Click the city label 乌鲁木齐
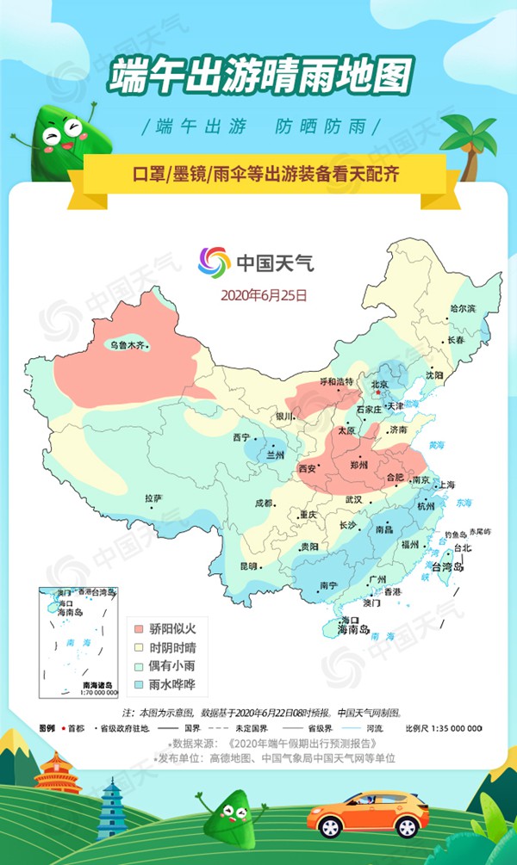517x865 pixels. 127,345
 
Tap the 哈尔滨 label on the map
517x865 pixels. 463,307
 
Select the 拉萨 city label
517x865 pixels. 153,498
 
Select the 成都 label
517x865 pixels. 262,504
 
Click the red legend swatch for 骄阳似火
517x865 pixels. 138,628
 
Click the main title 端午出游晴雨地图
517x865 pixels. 259,76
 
